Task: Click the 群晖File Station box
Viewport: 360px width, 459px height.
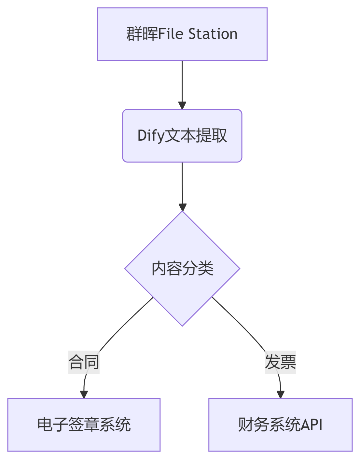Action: coord(182,34)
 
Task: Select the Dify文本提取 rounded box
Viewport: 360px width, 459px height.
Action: coord(182,136)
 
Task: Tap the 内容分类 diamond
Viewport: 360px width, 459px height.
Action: coord(182,268)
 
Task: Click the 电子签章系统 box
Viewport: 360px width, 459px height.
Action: coord(84,424)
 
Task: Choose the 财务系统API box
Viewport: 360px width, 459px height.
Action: coord(280,424)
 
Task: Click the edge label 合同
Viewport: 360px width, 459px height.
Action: coord(84,362)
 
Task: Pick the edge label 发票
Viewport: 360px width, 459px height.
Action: coord(280,362)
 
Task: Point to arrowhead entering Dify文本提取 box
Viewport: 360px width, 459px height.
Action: coord(182,105)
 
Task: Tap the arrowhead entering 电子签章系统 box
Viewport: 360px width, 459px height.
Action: coord(84,394)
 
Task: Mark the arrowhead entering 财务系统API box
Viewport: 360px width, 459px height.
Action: coord(280,394)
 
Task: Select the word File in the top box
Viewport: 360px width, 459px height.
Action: coord(171,34)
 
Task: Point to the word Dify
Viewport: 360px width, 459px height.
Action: coord(151,136)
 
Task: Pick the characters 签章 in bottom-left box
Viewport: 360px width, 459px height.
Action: coord(84,424)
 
